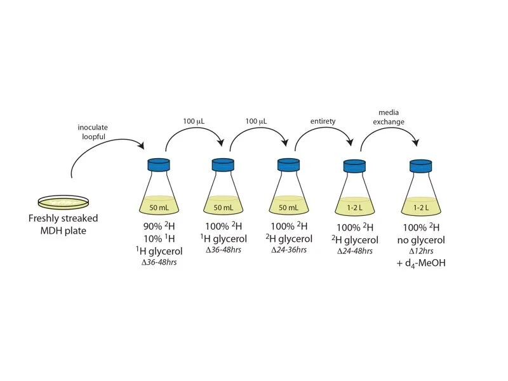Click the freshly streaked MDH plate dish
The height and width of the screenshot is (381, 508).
[x=63, y=203]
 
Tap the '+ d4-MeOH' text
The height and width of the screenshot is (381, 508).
[x=420, y=262]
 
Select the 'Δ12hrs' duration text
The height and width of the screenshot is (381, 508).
[x=421, y=251]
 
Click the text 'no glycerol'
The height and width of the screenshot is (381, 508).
[x=421, y=239]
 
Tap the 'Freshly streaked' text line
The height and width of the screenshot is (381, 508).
[x=63, y=219]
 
